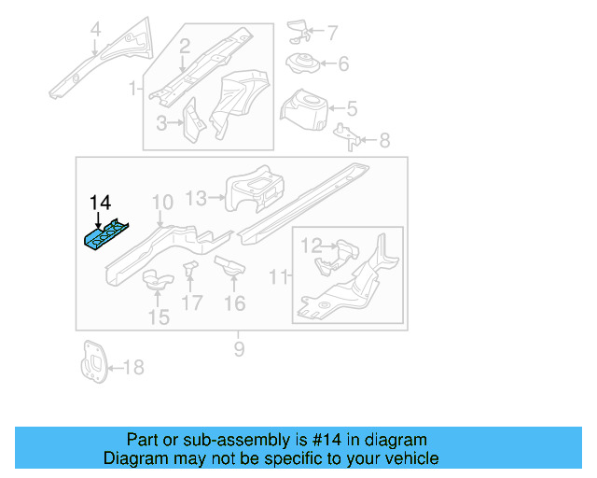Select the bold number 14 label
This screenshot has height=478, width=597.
(100, 203)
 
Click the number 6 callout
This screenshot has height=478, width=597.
(342, 64)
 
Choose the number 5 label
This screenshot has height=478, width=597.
(352, 107)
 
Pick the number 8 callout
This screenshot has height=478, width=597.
(384, 141)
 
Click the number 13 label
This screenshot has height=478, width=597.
(196, 197)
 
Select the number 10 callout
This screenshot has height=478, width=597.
(162, 202)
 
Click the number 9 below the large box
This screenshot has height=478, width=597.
(239, 349)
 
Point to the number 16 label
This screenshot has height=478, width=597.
(234, 302)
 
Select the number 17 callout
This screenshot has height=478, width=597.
(191, 302)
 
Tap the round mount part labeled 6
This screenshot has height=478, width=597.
(301, 64)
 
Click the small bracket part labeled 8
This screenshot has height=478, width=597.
(348, 135)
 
